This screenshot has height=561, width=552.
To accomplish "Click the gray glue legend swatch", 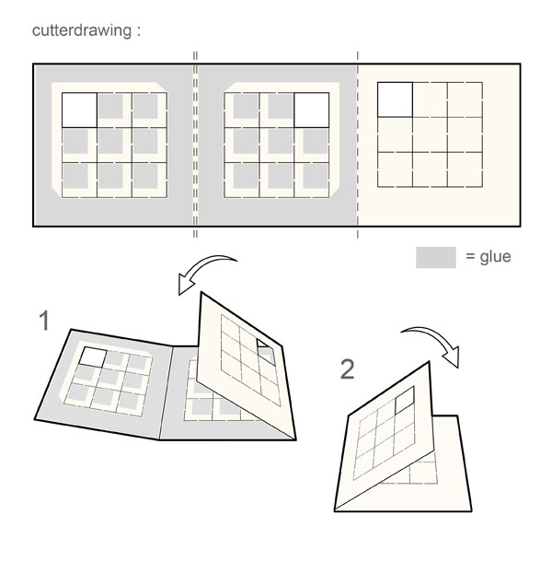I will click(435, 257).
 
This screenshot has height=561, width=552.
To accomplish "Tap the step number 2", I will click(347, 369).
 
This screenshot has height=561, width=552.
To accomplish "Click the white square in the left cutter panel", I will click(79, 110).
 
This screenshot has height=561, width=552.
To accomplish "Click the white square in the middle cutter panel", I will click(312, 110).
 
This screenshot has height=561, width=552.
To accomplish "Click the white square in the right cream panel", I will click(395, 99).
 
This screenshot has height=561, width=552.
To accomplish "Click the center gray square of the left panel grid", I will click(114, 143).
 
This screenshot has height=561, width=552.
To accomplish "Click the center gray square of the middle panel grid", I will click(277, 143).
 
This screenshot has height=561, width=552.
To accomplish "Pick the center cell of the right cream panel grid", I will click(430, 134).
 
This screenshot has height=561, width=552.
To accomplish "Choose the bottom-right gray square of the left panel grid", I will click(148, 176).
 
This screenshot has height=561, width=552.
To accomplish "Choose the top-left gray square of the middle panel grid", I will click(243, 110).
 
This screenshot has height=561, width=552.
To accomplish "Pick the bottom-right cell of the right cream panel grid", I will click(465, 169).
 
